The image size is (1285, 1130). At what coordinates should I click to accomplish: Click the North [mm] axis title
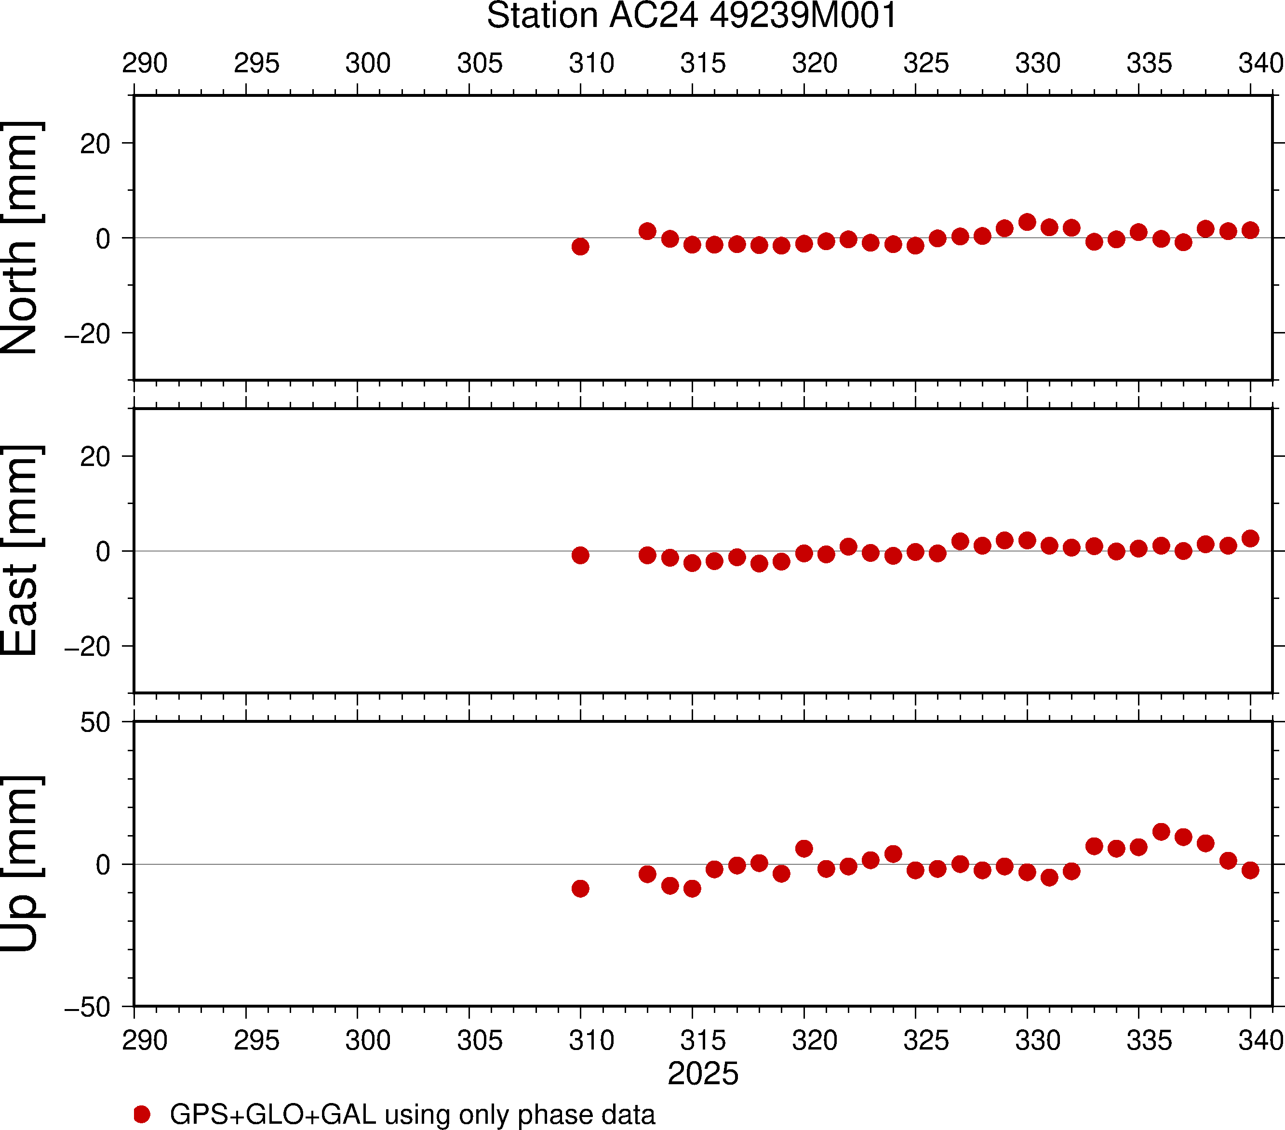(x=20, y=238)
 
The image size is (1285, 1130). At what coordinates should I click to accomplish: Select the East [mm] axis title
(x=20, y=551)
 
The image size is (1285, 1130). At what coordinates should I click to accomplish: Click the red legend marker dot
(x=142, y=1114)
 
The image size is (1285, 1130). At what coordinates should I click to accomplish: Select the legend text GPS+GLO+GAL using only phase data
(x=413, y=1114)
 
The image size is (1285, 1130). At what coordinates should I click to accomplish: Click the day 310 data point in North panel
(x=580, y=246)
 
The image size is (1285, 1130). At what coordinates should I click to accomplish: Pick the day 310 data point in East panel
(x=580, y=555)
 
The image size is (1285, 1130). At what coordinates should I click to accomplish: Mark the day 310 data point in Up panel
(x=580, y=888)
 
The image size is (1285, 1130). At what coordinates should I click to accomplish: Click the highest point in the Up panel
(x=1161, y=831)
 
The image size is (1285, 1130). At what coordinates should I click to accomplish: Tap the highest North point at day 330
(x=1027, y=222)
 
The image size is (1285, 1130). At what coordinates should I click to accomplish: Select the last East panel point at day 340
(x=1250, y=538)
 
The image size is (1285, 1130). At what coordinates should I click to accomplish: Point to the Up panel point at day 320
(x=804, y=849)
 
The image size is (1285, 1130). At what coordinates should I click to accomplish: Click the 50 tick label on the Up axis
(x=95, y=723)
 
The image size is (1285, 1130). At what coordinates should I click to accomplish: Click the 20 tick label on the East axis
(x=95, y=457)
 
